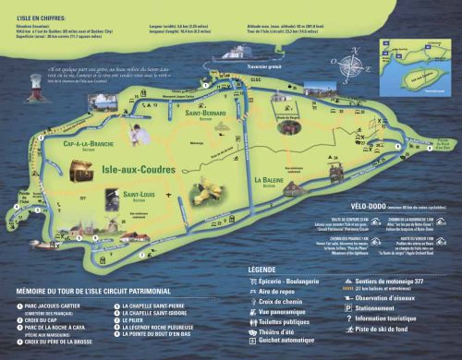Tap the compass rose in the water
[349, 66]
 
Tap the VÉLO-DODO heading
[349, 206]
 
